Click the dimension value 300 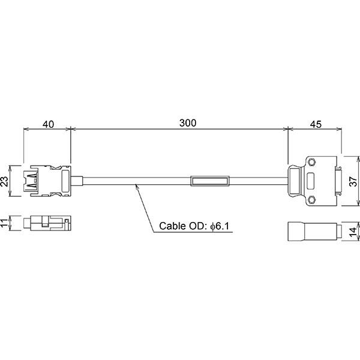tap(188, 123)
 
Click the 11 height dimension tap(7, 224)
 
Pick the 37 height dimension tap(355, 181)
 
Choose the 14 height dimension tap(355, 230)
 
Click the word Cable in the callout tap(172, 227)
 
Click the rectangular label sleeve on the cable tap(209, 181)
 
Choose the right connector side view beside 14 tap(312, 231)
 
